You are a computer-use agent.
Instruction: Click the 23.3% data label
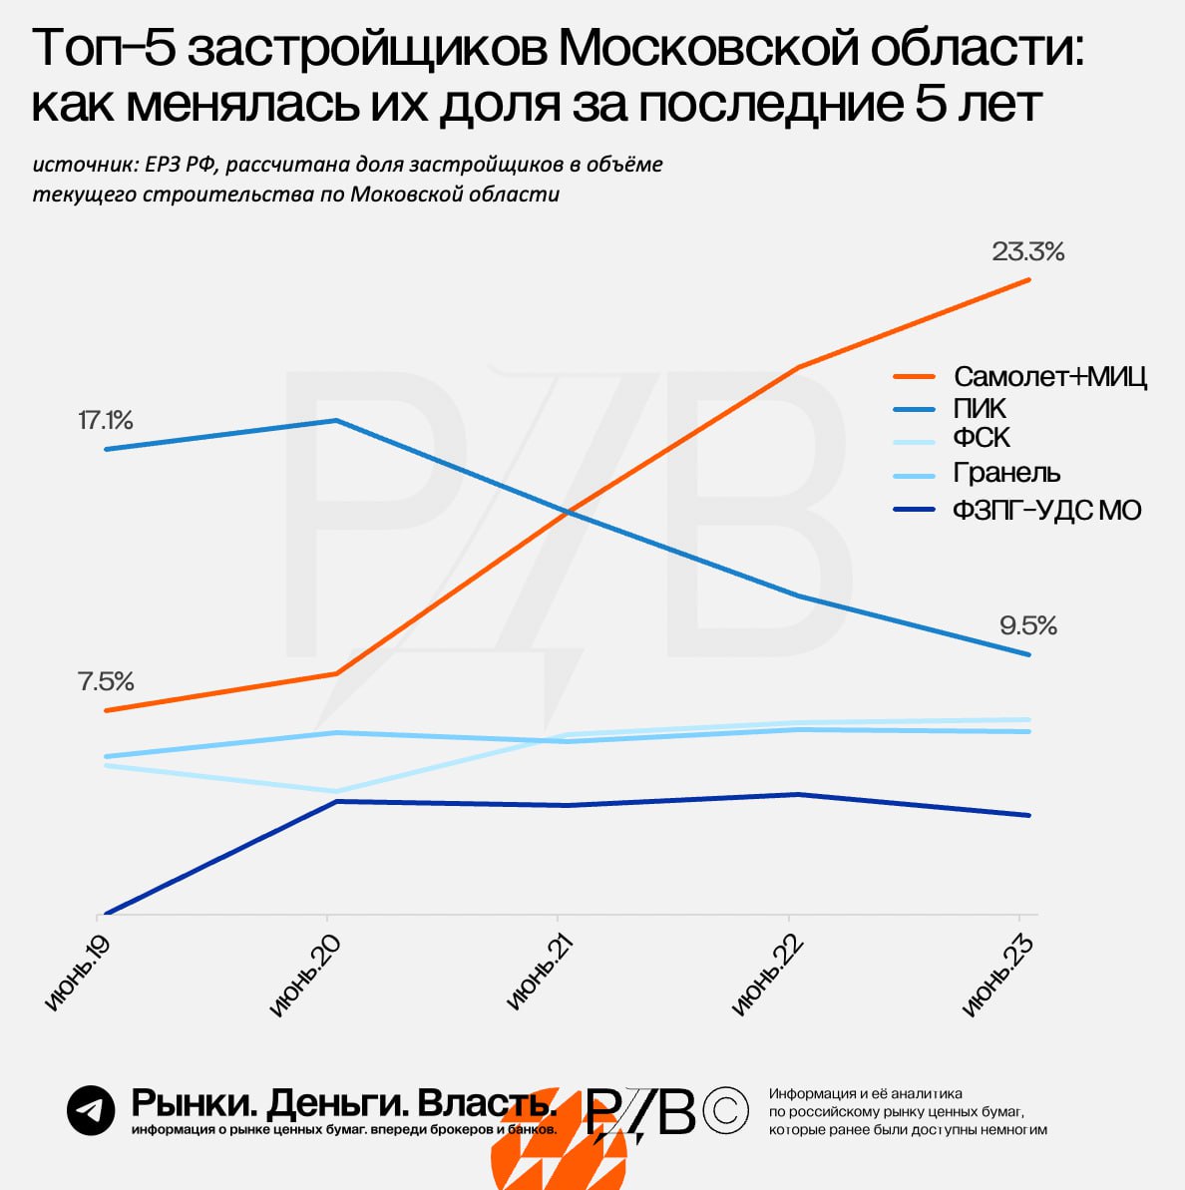pos(1027,252)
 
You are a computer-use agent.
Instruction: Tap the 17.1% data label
pos(105,420)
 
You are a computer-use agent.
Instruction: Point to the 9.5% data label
pos(1027,626)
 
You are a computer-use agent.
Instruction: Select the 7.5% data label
pos(105,681)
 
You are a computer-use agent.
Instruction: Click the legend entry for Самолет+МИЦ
pos(1049,376)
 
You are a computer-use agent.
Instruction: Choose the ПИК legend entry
pos(980,408)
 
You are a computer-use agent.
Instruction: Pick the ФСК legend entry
pos(982,438)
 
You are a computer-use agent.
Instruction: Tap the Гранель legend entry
pos(1006,472)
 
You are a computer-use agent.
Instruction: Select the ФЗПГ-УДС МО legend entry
pos(1046,511)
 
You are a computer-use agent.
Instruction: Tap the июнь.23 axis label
pos(996,977)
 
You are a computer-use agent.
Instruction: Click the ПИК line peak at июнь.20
pos(336,420)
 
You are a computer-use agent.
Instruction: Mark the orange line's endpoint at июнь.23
pos(1028,280)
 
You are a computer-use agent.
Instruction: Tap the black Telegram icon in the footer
pos(91,1110)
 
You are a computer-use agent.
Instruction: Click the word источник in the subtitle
pos(84,165)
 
